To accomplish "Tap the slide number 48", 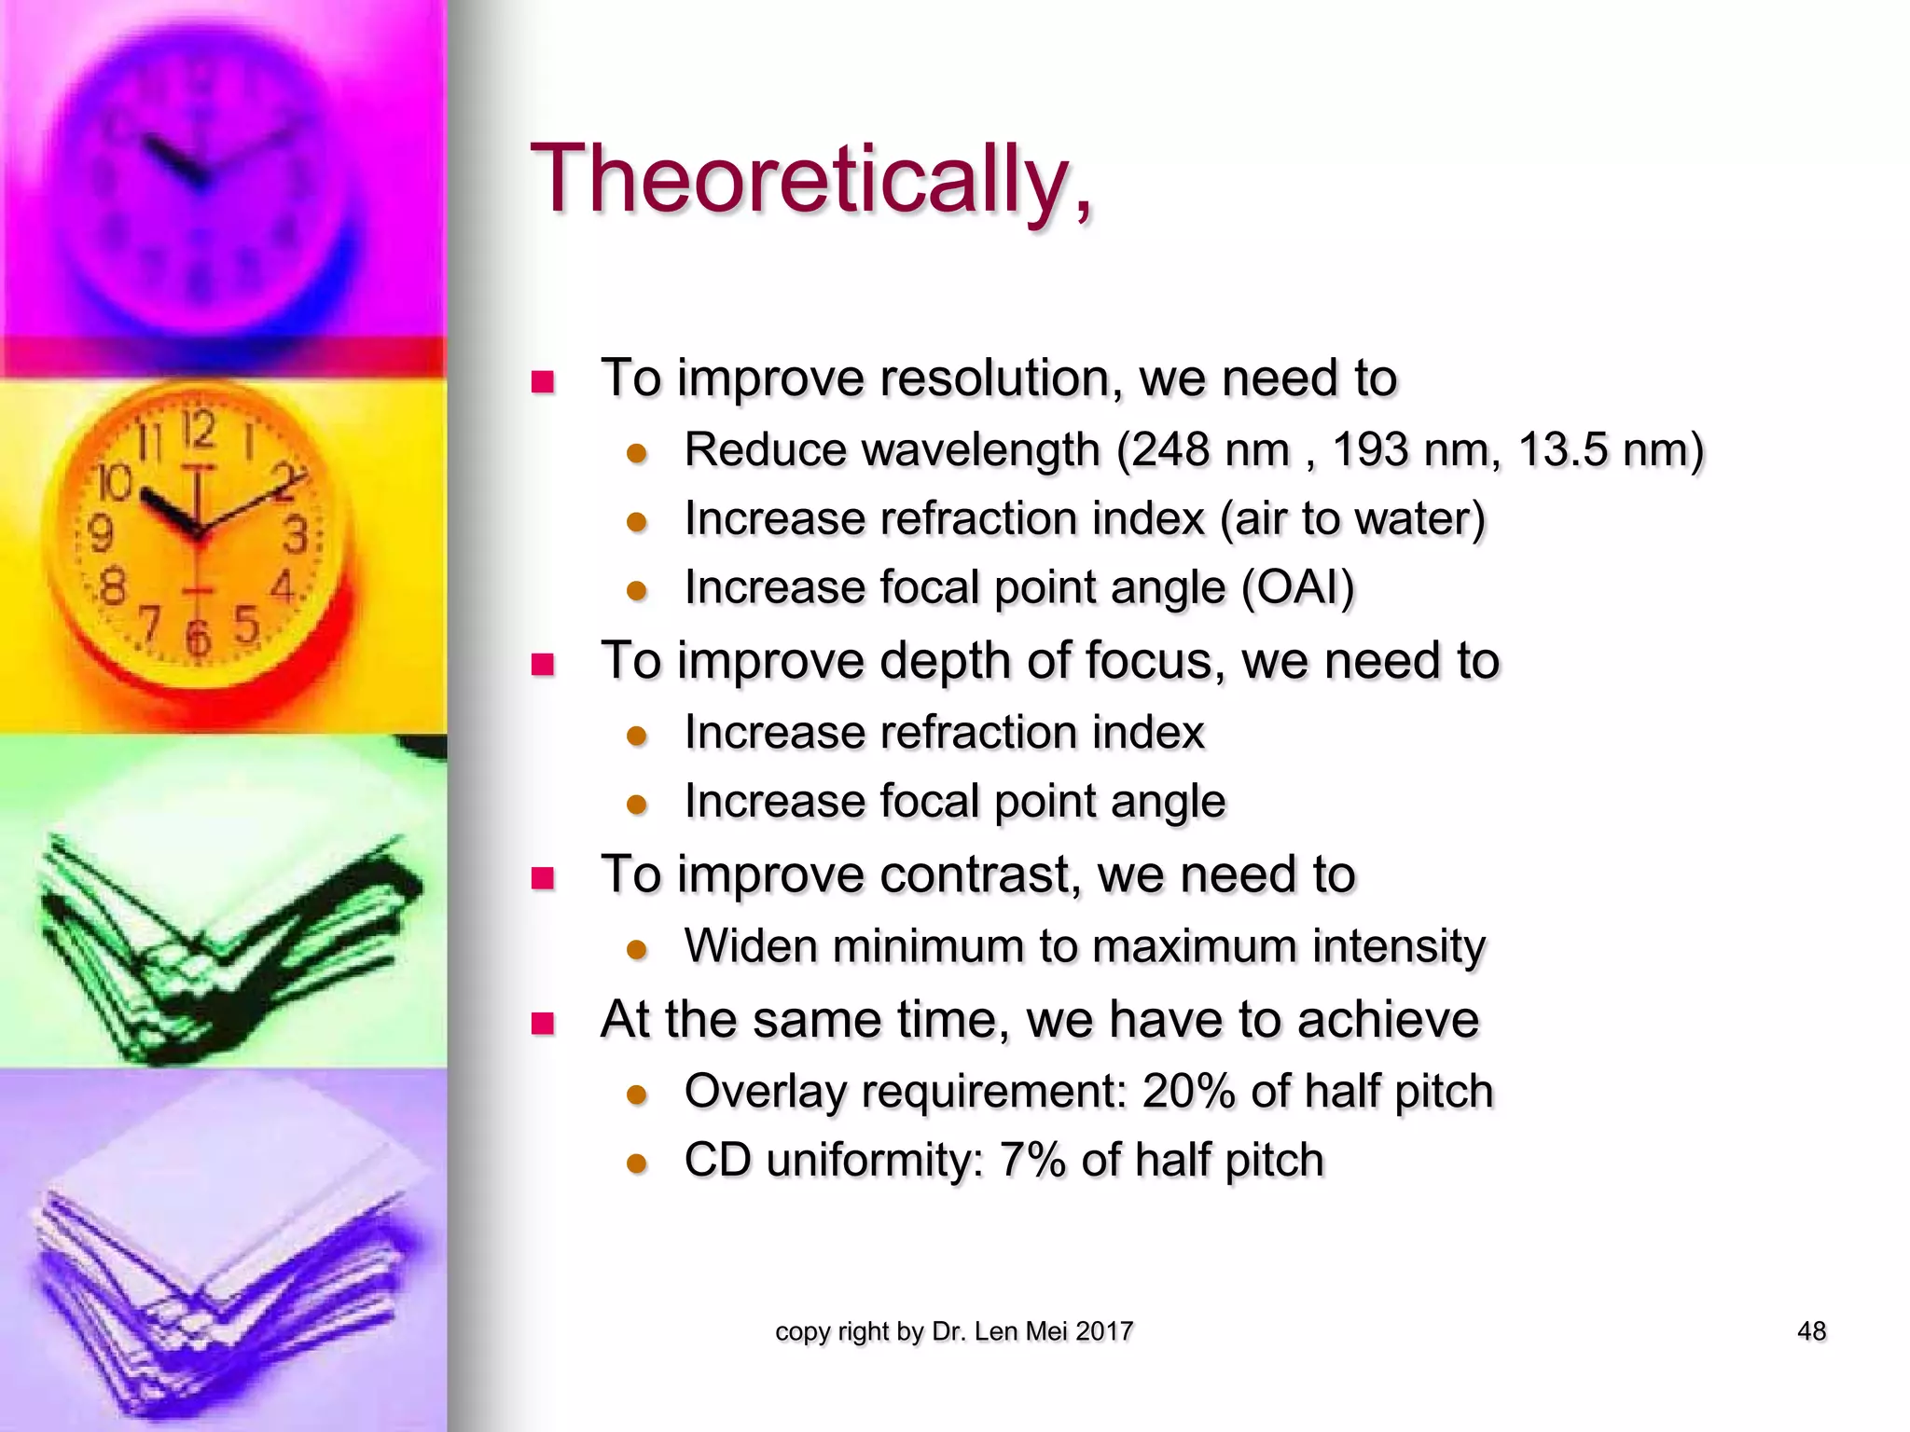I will point(1811,1331).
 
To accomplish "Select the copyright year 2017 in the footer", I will point(1104,1331).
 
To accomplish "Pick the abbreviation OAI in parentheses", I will point(1297,588).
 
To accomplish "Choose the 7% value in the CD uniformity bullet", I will point(1032,1161).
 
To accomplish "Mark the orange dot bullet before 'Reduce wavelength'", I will point(637,454).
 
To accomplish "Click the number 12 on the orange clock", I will point(199,431).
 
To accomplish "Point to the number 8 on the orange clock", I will point(113,587).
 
